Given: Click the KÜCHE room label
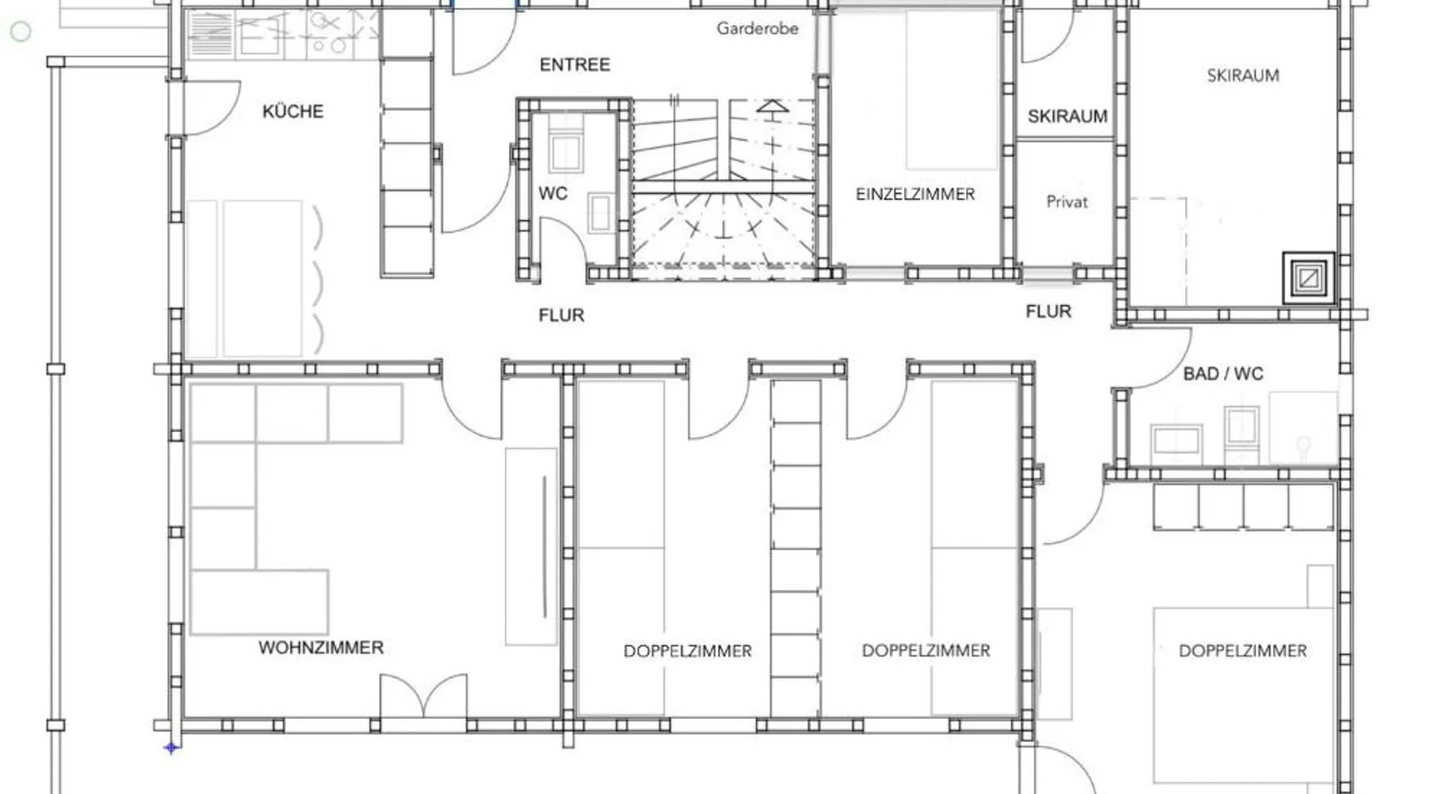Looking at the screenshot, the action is pyautogui.click(x=293, y=111).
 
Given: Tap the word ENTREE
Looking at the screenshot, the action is pyautogui.click(x=574, y=64).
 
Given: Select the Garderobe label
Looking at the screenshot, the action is pyautogui.click(x=757, y=29).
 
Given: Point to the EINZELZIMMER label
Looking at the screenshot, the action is pyautogui.click(x=915, y=194).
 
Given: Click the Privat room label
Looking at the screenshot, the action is pyautogui.click(x=1067, y=202).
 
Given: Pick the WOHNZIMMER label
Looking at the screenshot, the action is pyautogui.click(x=321, y=648).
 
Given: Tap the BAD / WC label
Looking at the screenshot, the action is pyautogui.click(x=1223, y=373).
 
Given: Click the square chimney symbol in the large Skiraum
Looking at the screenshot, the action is pyautogui.click(x=1308, y=278).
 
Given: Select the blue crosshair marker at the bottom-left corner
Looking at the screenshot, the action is pyautogui.click(x=171, y=747).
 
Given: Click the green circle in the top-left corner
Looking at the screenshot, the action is pyautogui.click(x=21, y=32).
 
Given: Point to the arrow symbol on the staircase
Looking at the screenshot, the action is pyautogui.click(x=772, y=107).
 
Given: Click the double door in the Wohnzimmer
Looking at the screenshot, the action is pyautogui.click(x=423, y=696).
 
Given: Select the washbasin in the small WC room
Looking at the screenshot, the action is pyautogui.click(x=600, y=213).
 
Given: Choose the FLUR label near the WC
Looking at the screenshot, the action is pyautogui.click(x=561, y=315).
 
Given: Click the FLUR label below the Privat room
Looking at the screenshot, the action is pyautogui.click(x=1048, y=311).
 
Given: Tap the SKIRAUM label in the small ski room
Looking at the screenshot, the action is pyautogui.click(x=1067, y=117).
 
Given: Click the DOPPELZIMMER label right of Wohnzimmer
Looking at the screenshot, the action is pyautogui.click(x=687, y=651).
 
